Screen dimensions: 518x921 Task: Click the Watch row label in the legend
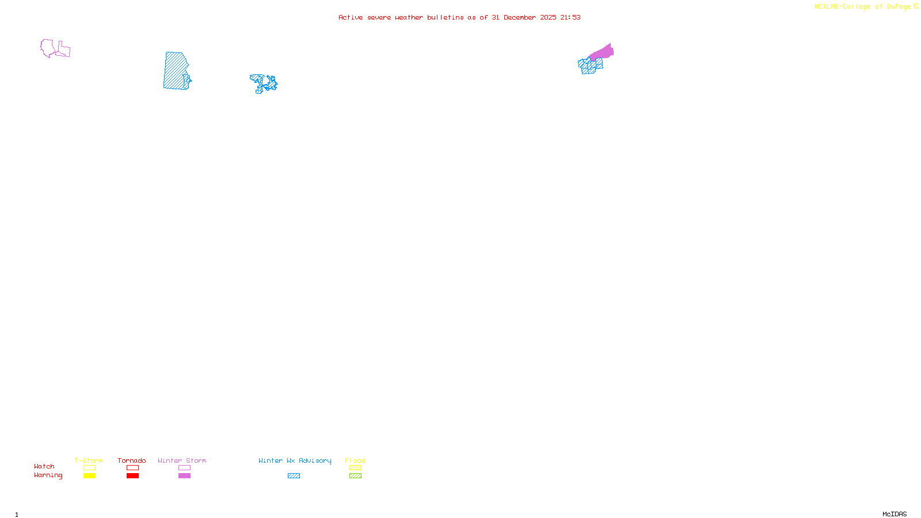[44, 467]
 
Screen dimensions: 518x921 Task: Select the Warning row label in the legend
[48, 475]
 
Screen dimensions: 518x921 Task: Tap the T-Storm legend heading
[89, 460]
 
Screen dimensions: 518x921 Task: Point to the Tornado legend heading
[132, 460]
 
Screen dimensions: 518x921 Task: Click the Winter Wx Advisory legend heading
[295, 460]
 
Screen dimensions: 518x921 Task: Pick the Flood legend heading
[355, 460]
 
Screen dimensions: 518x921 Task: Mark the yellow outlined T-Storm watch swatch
[89, 468]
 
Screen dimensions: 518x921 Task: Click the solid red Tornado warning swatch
[132, 476]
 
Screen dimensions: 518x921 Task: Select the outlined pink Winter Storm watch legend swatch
[184, 468]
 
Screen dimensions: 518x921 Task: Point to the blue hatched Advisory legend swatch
[294, 476]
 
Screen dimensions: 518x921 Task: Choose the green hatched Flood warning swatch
[355, 476]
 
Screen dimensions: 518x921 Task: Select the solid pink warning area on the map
[603, 53]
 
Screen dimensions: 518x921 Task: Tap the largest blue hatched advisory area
[175, 71]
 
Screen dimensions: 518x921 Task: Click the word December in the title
[520, 17]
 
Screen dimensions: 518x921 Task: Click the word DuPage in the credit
[899, 7]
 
